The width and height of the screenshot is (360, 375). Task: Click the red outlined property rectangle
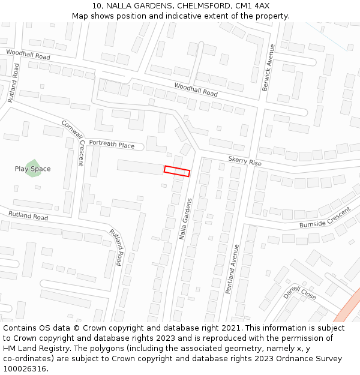pos(177,171)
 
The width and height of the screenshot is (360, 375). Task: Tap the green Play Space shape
pos(34,165)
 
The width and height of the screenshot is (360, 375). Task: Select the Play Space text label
pos(32,169)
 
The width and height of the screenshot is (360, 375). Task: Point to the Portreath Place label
pos(112,145)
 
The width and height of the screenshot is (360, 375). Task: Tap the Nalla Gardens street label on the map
pos(185,219)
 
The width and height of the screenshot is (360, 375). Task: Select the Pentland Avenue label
pos(232,269)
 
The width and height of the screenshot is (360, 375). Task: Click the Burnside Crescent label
pos(325,218)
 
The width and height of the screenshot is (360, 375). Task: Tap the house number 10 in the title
pos(97,6)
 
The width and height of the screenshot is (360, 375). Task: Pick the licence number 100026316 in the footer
pos(25,369)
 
